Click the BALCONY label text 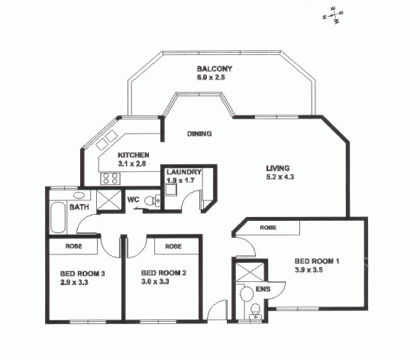(x=214, y=69)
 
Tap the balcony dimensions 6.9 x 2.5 (x=214, y=78)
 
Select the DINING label (x=199, y=134)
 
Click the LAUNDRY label (x=184, y=172)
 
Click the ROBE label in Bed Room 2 (x=173, y=246)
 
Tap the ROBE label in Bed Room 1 (x=267, y=227)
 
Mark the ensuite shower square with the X (x=249, y=272)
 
